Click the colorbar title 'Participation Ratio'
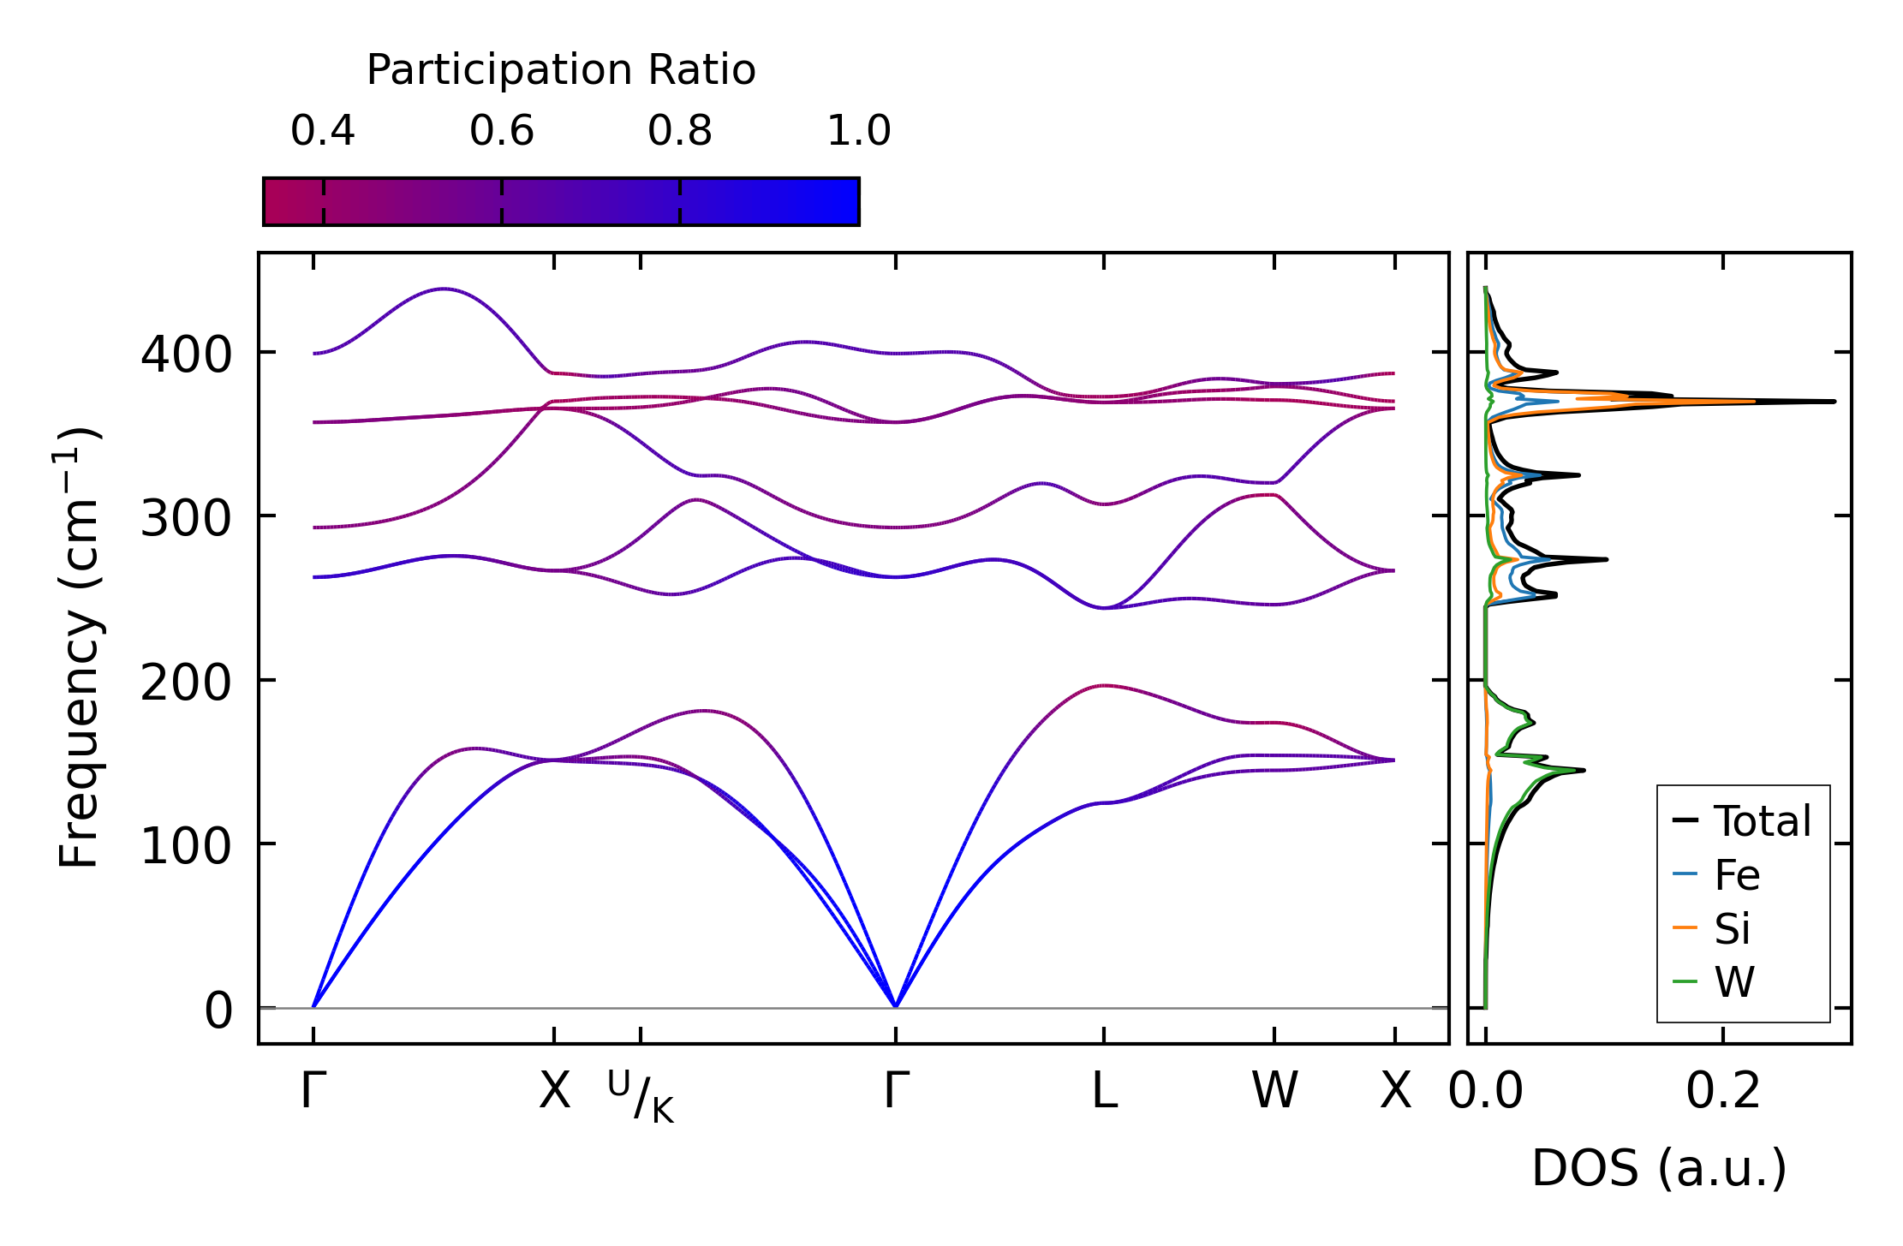point(561,70)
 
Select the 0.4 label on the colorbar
point(323,131)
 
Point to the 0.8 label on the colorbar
point(680,131)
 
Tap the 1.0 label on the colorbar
point(859,131)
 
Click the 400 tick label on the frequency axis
point(186,354)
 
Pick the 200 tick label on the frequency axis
point(186,683)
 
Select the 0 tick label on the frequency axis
point(218,1011)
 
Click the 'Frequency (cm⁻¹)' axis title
point(79,647)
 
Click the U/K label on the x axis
point(641,1096)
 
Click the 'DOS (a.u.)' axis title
point(1659,1168)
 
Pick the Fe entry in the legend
point(1737,875)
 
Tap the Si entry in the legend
point(1732,929)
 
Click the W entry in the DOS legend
point(1734,982)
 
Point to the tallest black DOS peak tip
point(1834,401)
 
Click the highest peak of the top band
point(443,289)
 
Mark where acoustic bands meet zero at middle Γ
point(896,1006)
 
